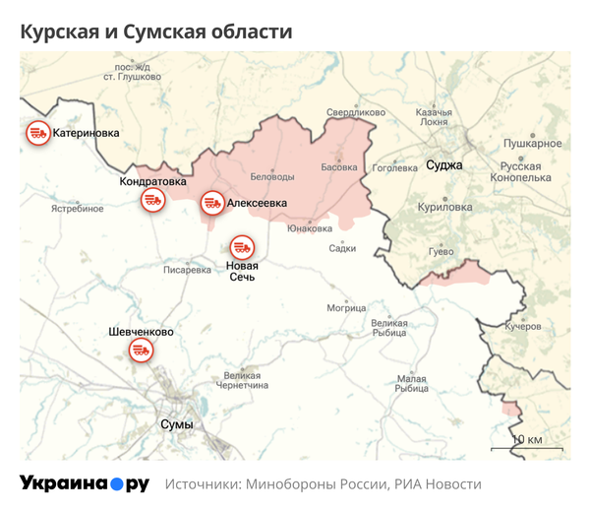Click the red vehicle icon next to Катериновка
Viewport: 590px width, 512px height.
coord(37,133)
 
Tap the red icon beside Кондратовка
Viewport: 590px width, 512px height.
coord(152,200)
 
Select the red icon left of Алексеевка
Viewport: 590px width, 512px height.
coord(211,204)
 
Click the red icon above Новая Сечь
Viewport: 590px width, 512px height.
coord(242,247)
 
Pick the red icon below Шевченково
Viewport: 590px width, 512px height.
coord(142,352)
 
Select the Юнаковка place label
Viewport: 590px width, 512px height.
coord(310,227)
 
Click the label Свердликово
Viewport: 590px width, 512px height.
coord(355,113)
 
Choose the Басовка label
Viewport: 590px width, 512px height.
coord(339,167)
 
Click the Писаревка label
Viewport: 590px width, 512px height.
coord(187,269)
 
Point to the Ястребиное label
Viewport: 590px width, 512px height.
coord(78,209)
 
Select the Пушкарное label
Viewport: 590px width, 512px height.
coord(532,144)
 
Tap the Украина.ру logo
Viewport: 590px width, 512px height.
coord(85,483)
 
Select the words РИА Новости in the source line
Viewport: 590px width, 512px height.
coord(438,484)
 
